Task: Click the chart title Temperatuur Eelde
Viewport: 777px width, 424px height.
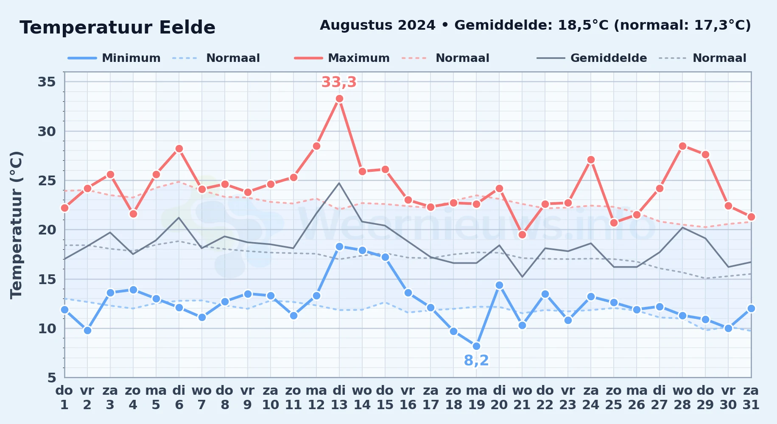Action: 117,28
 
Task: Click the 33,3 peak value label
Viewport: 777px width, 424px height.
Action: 339,82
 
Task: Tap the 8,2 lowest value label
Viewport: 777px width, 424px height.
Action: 476,360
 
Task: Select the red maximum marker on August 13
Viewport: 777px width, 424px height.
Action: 339,99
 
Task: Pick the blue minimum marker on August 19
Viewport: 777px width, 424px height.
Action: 476,346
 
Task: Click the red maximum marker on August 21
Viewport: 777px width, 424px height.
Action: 522,234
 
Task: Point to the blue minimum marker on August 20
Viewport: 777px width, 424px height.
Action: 499,285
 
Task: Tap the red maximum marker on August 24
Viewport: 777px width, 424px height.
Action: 591,160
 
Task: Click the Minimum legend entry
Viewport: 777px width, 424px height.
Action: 114,58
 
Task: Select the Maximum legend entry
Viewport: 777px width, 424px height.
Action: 342,58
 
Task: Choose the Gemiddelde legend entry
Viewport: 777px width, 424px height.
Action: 592,58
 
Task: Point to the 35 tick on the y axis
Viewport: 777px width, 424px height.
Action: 47,82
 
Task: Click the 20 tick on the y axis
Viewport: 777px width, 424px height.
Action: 47,230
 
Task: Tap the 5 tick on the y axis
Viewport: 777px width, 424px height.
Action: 52,377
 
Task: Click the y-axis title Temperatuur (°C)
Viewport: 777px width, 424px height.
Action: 17,225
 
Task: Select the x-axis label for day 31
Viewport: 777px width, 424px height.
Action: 751,398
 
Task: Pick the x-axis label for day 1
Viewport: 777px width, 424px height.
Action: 64,398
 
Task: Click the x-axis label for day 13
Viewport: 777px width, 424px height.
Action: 339,398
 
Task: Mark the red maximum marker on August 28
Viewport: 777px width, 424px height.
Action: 682,146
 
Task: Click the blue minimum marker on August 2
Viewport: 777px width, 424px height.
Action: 87,330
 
